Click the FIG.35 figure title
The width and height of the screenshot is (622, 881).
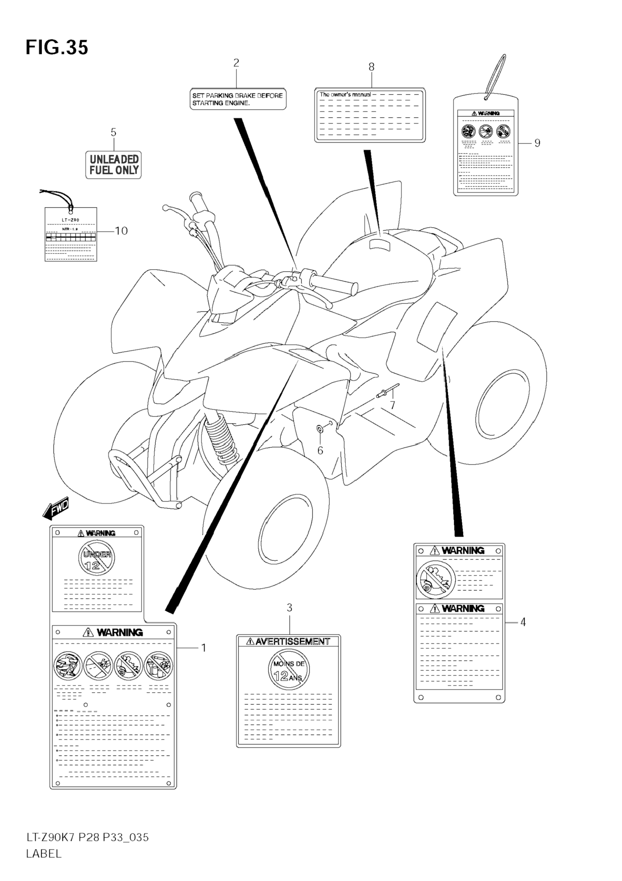tap(57, 48)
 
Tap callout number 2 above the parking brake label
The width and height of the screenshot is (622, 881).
tap(236, 63)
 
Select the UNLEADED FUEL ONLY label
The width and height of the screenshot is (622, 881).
tap(114, 165)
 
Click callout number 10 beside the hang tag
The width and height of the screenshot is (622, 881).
tap(121, 231)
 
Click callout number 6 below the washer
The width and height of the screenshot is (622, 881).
tap(320, 450)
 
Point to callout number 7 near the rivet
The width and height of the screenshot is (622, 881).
tap(392, 405)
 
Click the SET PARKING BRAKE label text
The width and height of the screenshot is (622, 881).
tap(237, 99)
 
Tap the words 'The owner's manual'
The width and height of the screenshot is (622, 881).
tap(345, 94)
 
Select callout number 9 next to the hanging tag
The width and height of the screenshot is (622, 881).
tap(537, 143)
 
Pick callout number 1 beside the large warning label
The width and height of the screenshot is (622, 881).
tap(204, 648)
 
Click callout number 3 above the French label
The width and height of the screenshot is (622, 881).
tap(290, 608)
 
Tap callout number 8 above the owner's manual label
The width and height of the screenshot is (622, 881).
tap(371, 67)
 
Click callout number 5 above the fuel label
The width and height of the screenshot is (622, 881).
tap(113, 132)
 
